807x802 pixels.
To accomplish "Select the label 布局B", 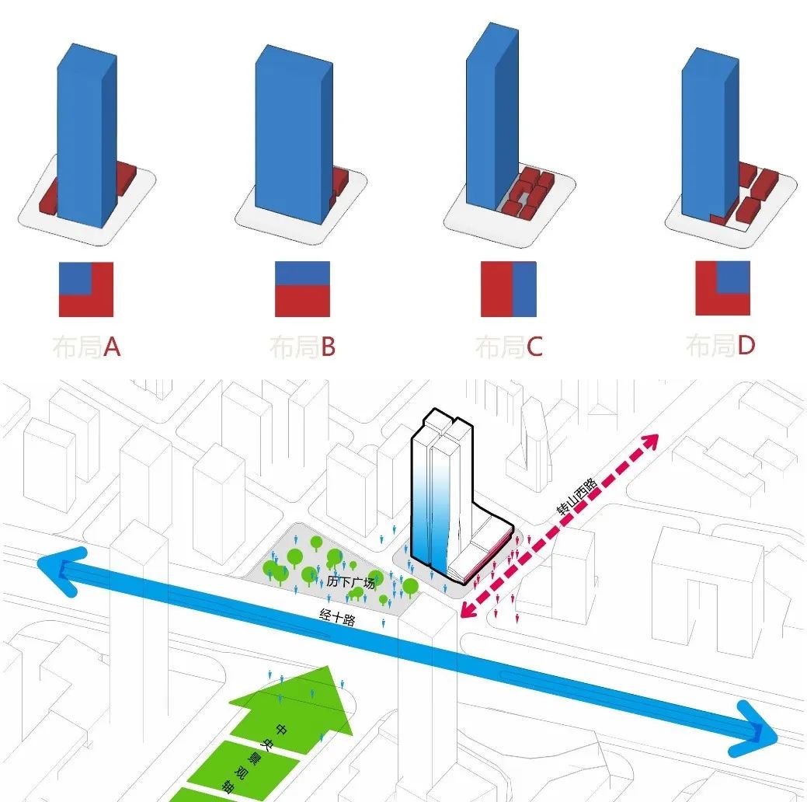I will (x=302, y=347).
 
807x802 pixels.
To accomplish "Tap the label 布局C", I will (x=509, y=347).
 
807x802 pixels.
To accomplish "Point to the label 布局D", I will (x=720, y=345).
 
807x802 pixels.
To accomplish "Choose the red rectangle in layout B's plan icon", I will (x=302, y=301).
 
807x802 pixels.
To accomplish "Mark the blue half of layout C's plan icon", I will (x=524, y=289).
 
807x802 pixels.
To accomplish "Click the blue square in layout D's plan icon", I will (x=732, y=278).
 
